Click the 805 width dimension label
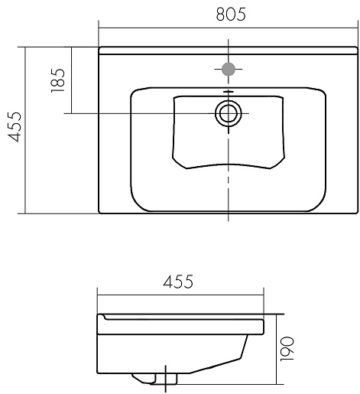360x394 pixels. click(231, 15)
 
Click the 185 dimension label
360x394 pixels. click(58, 80)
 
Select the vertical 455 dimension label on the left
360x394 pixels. click(15, 126)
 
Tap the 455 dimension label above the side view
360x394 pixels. click(178, 282)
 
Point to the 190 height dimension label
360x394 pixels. click(287, 349)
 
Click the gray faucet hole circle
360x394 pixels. click(229, 69)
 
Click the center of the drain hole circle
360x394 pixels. click(229, 113)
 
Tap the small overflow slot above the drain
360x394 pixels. click(229, 91)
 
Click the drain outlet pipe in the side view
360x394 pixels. click(166, 378)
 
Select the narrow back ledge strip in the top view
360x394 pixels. click(229, 50)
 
